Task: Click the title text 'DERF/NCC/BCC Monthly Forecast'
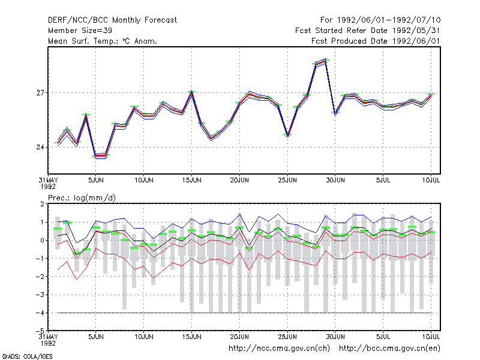pyautogui.click(x=112, y=20)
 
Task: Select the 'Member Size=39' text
pyautogui.click(x=80, y=31)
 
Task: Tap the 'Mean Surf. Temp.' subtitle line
pyautogui.click(x=103, y=41)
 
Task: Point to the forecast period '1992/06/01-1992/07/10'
pyautogui.click(x=389, y=20)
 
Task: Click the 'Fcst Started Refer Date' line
pyautogui.click(x=368, y=31)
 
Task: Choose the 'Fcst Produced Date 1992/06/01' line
pyautogui.click(x=376, y=41)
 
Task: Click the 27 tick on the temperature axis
pyautogui.click(x=40, y=93)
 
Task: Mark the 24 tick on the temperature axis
pyautogui.click(x=40, y=148)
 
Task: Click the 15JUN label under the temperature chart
pyautogui.click(x=192, y=181)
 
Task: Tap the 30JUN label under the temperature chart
pyautogui.click(x=335, y=181)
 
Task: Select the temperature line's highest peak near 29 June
pyautogui.click(x=325, y=61)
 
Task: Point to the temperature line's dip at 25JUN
pyautogui.click(x=288, y=136)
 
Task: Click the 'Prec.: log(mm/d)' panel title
pyautogui.click(x=82, y=198)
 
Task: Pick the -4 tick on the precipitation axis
pyautogui.click(x=40, y=313)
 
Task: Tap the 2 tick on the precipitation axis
pyautogui.click(x=42, y=204)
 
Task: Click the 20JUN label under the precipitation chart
pyautogui.click(x=239, y=337)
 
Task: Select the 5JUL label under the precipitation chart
pyautogui.click(x=383, y=337)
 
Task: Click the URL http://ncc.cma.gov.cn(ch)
pyautogui.click(x=279, y=349)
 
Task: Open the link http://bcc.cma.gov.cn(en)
pyautogui.click(x=389, y=349)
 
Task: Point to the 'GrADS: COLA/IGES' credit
pyautogui.click(x=27, y=356)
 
